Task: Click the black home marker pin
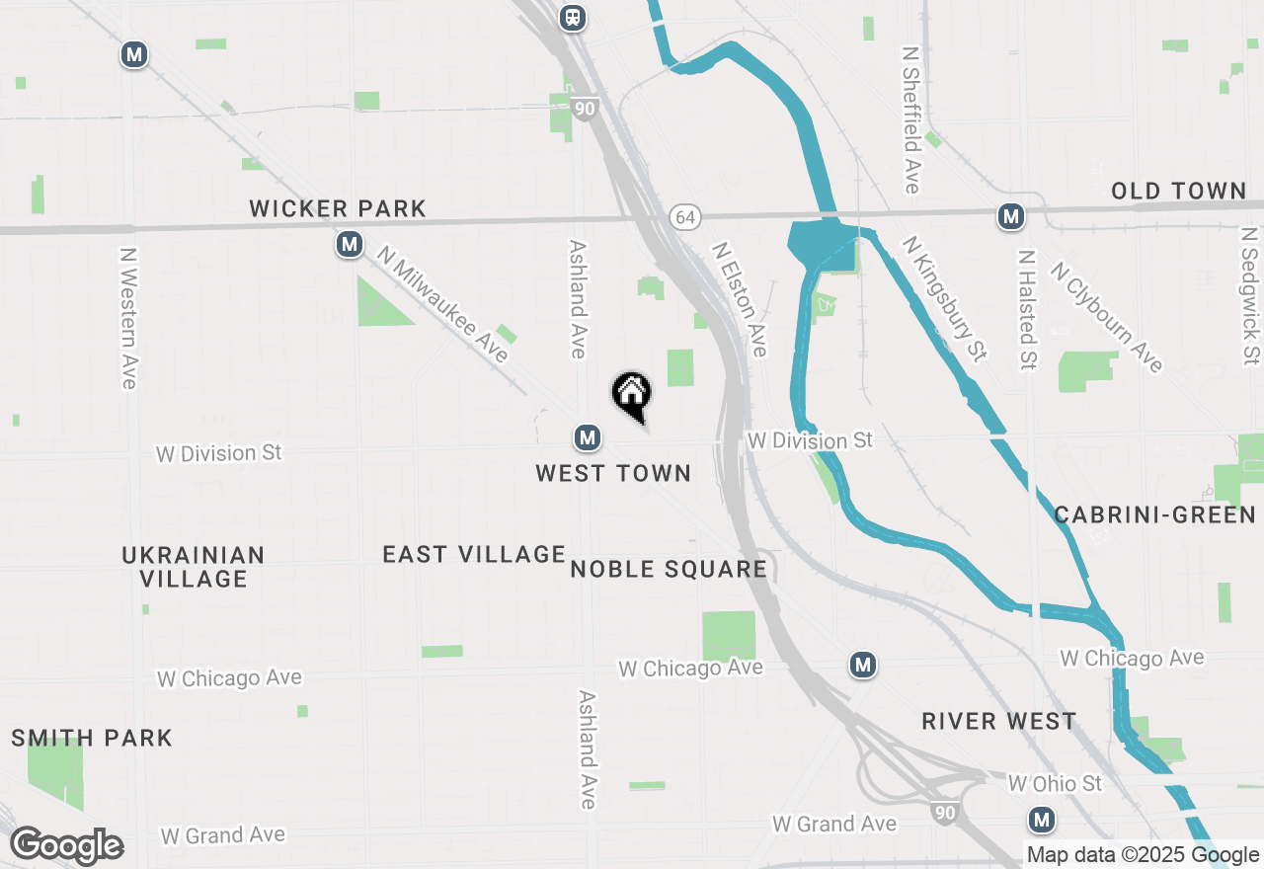pos(632,395)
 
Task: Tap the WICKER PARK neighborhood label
pos(338,208)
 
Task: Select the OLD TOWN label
pos(1179,191)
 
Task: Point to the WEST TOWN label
pos(613,474)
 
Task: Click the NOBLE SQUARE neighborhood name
pos(669,569)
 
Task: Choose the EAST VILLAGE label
pos(474,555)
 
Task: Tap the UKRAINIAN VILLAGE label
pos(194,567)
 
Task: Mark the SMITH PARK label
pos(92,738)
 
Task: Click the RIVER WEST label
pos(999,721)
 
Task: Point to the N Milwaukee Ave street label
pos(442,303)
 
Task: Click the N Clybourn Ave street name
pos(1107,317)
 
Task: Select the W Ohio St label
pos(1055,784)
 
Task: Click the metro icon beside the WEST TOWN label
pos(588,436)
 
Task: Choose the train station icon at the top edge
pos(573,17)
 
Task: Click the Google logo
pos(66,845)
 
